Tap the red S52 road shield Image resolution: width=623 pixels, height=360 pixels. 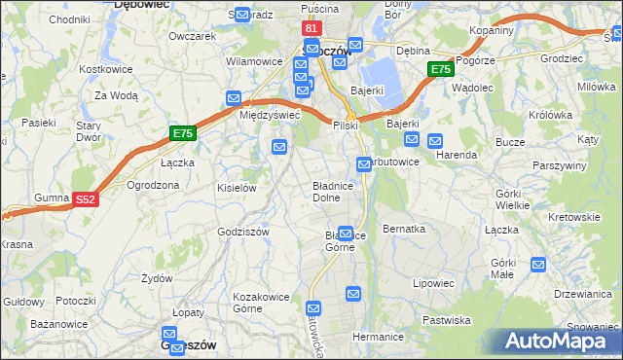[x=86, y=199]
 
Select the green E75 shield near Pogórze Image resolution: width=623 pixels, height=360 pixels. [x=440, y=69]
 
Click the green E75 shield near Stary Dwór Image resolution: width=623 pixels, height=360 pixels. [x=182, y=132]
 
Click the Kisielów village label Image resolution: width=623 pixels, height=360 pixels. [x=237, y=188]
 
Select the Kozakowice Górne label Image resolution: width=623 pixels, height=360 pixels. [x=256, y=302]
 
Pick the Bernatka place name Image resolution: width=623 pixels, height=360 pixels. [x=404, y=229]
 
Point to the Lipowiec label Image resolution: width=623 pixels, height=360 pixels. [x=433, y=283]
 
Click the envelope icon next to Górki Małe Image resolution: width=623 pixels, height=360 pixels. [x=538, y=264]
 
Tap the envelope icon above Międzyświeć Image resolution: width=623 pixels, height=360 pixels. [x=234, y=98]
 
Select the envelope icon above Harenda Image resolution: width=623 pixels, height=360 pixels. [x=435, y=140]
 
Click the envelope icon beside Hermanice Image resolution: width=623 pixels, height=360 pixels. [x=353, y=293]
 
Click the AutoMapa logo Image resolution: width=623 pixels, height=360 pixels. [x=559, y=341]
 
